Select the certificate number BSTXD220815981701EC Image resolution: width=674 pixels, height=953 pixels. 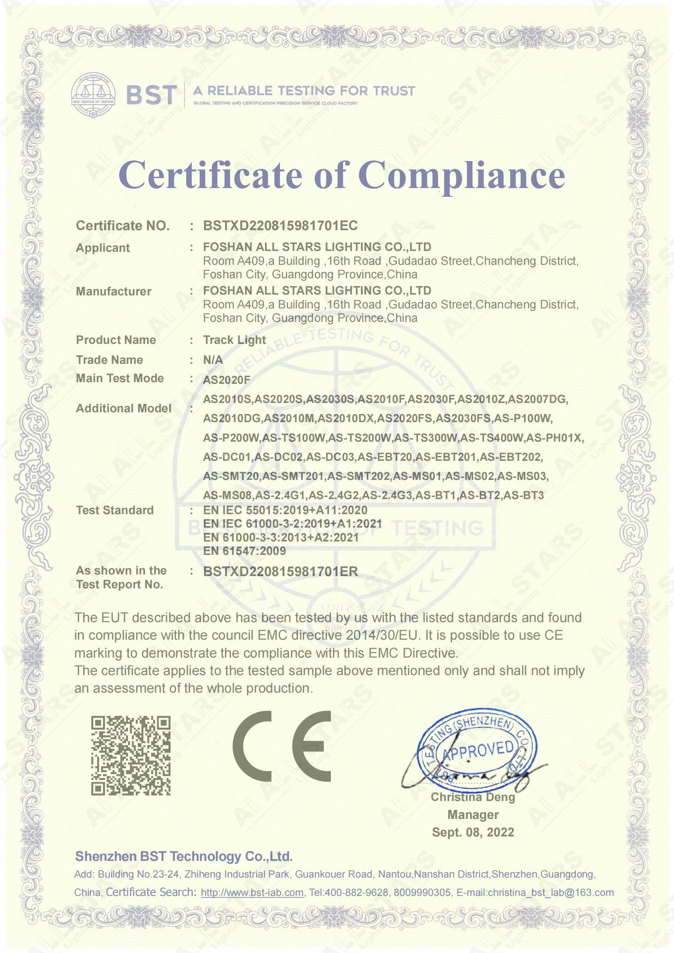[x=280, y=225]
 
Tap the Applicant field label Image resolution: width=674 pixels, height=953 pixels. [x=103, y=248]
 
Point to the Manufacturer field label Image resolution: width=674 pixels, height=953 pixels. [x=113, y=291]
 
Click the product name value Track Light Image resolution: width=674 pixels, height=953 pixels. [x=234, y=340]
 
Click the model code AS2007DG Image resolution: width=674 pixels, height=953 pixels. [x=538, y=399]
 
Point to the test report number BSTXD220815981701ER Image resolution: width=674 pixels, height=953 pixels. [x=280, y=572]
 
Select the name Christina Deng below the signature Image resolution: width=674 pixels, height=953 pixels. [x=473, y=797]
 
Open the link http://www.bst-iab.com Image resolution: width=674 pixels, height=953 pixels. [x=252, y=893]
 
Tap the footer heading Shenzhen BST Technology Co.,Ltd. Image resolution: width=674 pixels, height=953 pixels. [x=183, y=856]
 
